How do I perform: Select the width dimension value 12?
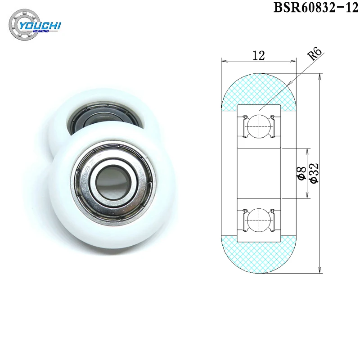(258, 55)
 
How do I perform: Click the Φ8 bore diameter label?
(302, 173)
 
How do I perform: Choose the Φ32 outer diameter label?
(314, 173)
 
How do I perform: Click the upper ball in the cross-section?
(259, 126)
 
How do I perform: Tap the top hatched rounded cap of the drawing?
(259, 90)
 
